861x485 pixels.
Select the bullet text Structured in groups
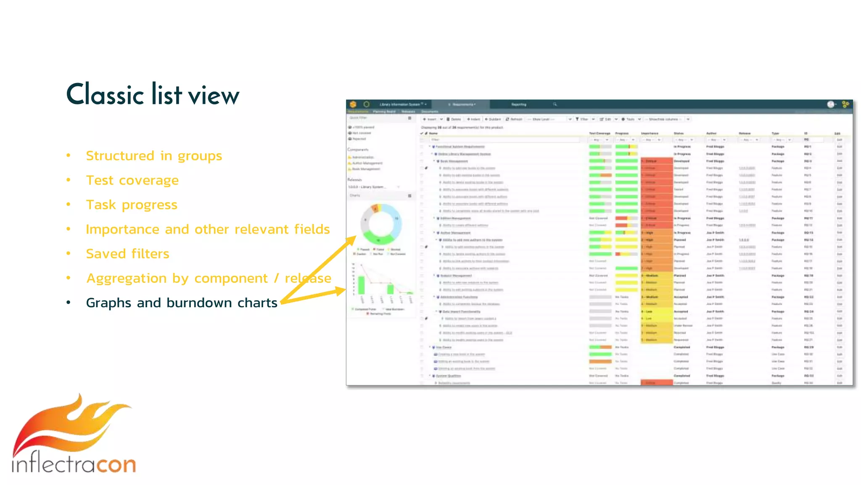[154, 156]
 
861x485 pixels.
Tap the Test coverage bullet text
[132, 180]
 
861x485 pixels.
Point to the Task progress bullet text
[132, 205]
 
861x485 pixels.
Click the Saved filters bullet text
[127, 253]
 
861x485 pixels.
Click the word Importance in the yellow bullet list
[122, 229]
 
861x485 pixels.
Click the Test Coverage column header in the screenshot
[600, 133]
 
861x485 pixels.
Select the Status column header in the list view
[679, 133]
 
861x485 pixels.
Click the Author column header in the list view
[711, 133]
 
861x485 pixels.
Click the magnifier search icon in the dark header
[555, 104]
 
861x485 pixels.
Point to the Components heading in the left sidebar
[358, 149]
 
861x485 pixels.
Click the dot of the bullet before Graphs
[69, 302]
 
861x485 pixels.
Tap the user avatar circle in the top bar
[831, 104]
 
